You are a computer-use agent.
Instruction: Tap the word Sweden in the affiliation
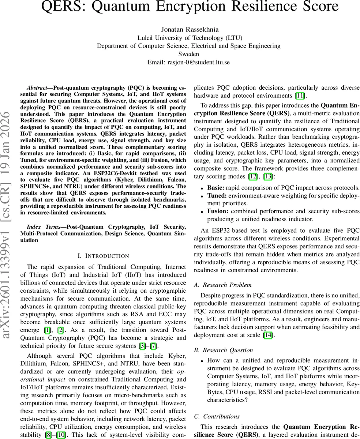189,54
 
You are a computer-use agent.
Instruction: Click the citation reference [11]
300,96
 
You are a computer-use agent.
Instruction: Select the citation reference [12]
252,176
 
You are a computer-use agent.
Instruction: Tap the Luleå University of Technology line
190,38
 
